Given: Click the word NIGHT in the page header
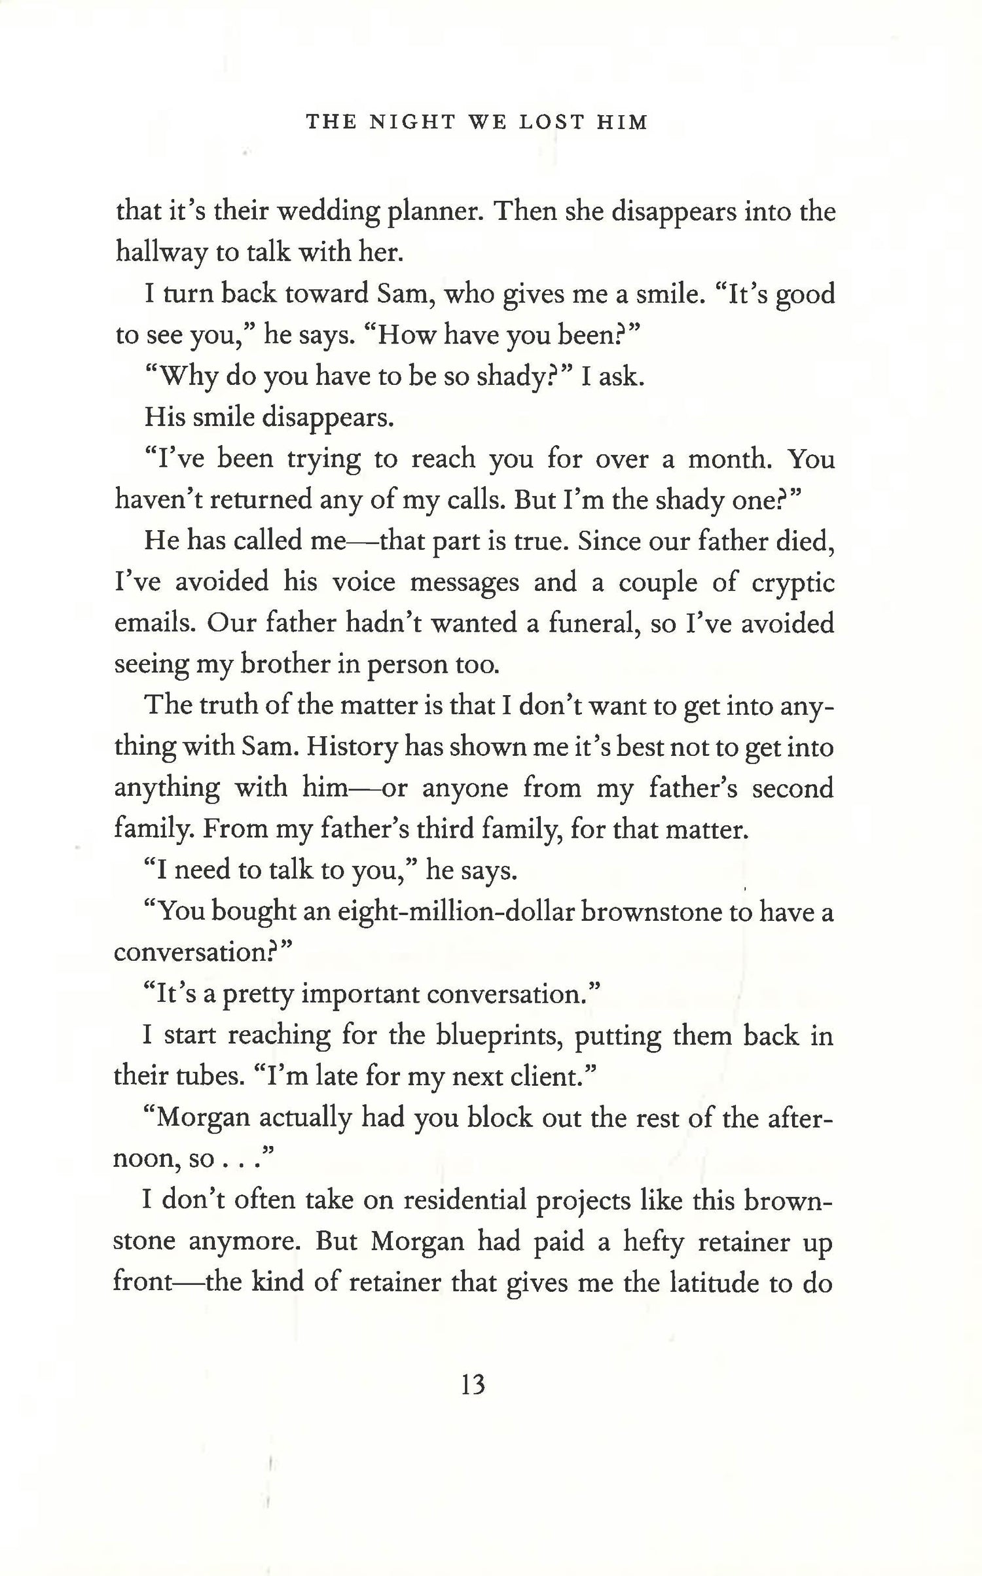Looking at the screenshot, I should click(x=412, y=122).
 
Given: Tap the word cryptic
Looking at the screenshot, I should click(x=793, y=582).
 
